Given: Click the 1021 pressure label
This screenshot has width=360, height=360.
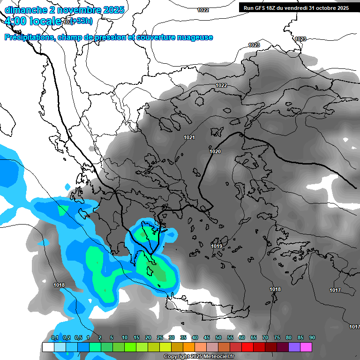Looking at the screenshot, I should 189,137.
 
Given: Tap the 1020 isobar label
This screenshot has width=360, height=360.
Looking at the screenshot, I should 215,151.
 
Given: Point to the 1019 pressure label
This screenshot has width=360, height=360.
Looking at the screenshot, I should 217,246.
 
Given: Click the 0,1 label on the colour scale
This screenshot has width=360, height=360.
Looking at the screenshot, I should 54,338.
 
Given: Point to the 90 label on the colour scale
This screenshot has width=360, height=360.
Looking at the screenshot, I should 312,338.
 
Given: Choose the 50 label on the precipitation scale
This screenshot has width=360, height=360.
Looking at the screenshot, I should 218,338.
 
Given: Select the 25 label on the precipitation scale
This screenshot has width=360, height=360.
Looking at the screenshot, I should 160,338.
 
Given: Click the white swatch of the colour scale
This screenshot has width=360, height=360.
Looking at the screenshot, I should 48,347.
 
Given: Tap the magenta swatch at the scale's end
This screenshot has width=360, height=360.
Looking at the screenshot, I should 307,347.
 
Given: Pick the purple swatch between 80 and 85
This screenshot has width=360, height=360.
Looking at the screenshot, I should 295,347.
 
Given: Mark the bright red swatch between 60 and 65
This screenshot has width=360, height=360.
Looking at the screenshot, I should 248,347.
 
